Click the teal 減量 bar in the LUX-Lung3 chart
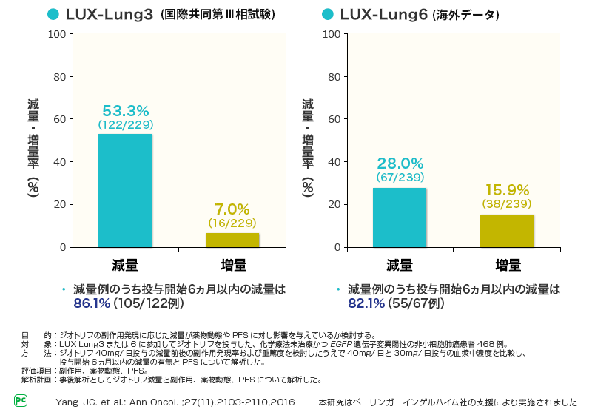pyautogui.click(x=124, y=190)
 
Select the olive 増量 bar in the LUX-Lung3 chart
pyautogui.click(x=232, y=240)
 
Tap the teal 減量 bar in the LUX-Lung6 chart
pyautogui.click(x=400, y=218)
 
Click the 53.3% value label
pyautogui.click(x=126, y=111)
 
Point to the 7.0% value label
pyautogui.click(x=232, y=209)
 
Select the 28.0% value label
pyautogui.click(x=400, y=164)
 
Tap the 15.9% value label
pyautogui.click(x=507, y=190)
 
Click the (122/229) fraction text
pyautogui.click(x=126, y=125)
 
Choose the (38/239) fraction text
pyautogui.click(x=507, y=203)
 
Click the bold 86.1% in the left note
pyautogui.click(x=92, y=303)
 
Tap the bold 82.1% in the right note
pyautogui.click(x=366, y=303)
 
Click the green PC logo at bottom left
pyautogui.click(x=21, y=400)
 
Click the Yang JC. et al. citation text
pyautogui.click(x=175, y=402)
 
